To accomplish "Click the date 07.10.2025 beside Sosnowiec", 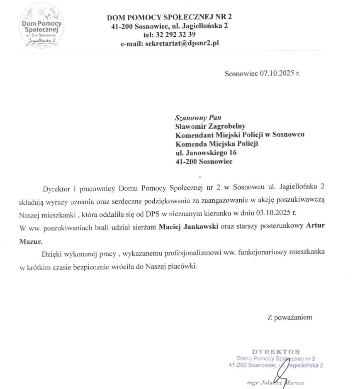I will pos(275,74).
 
